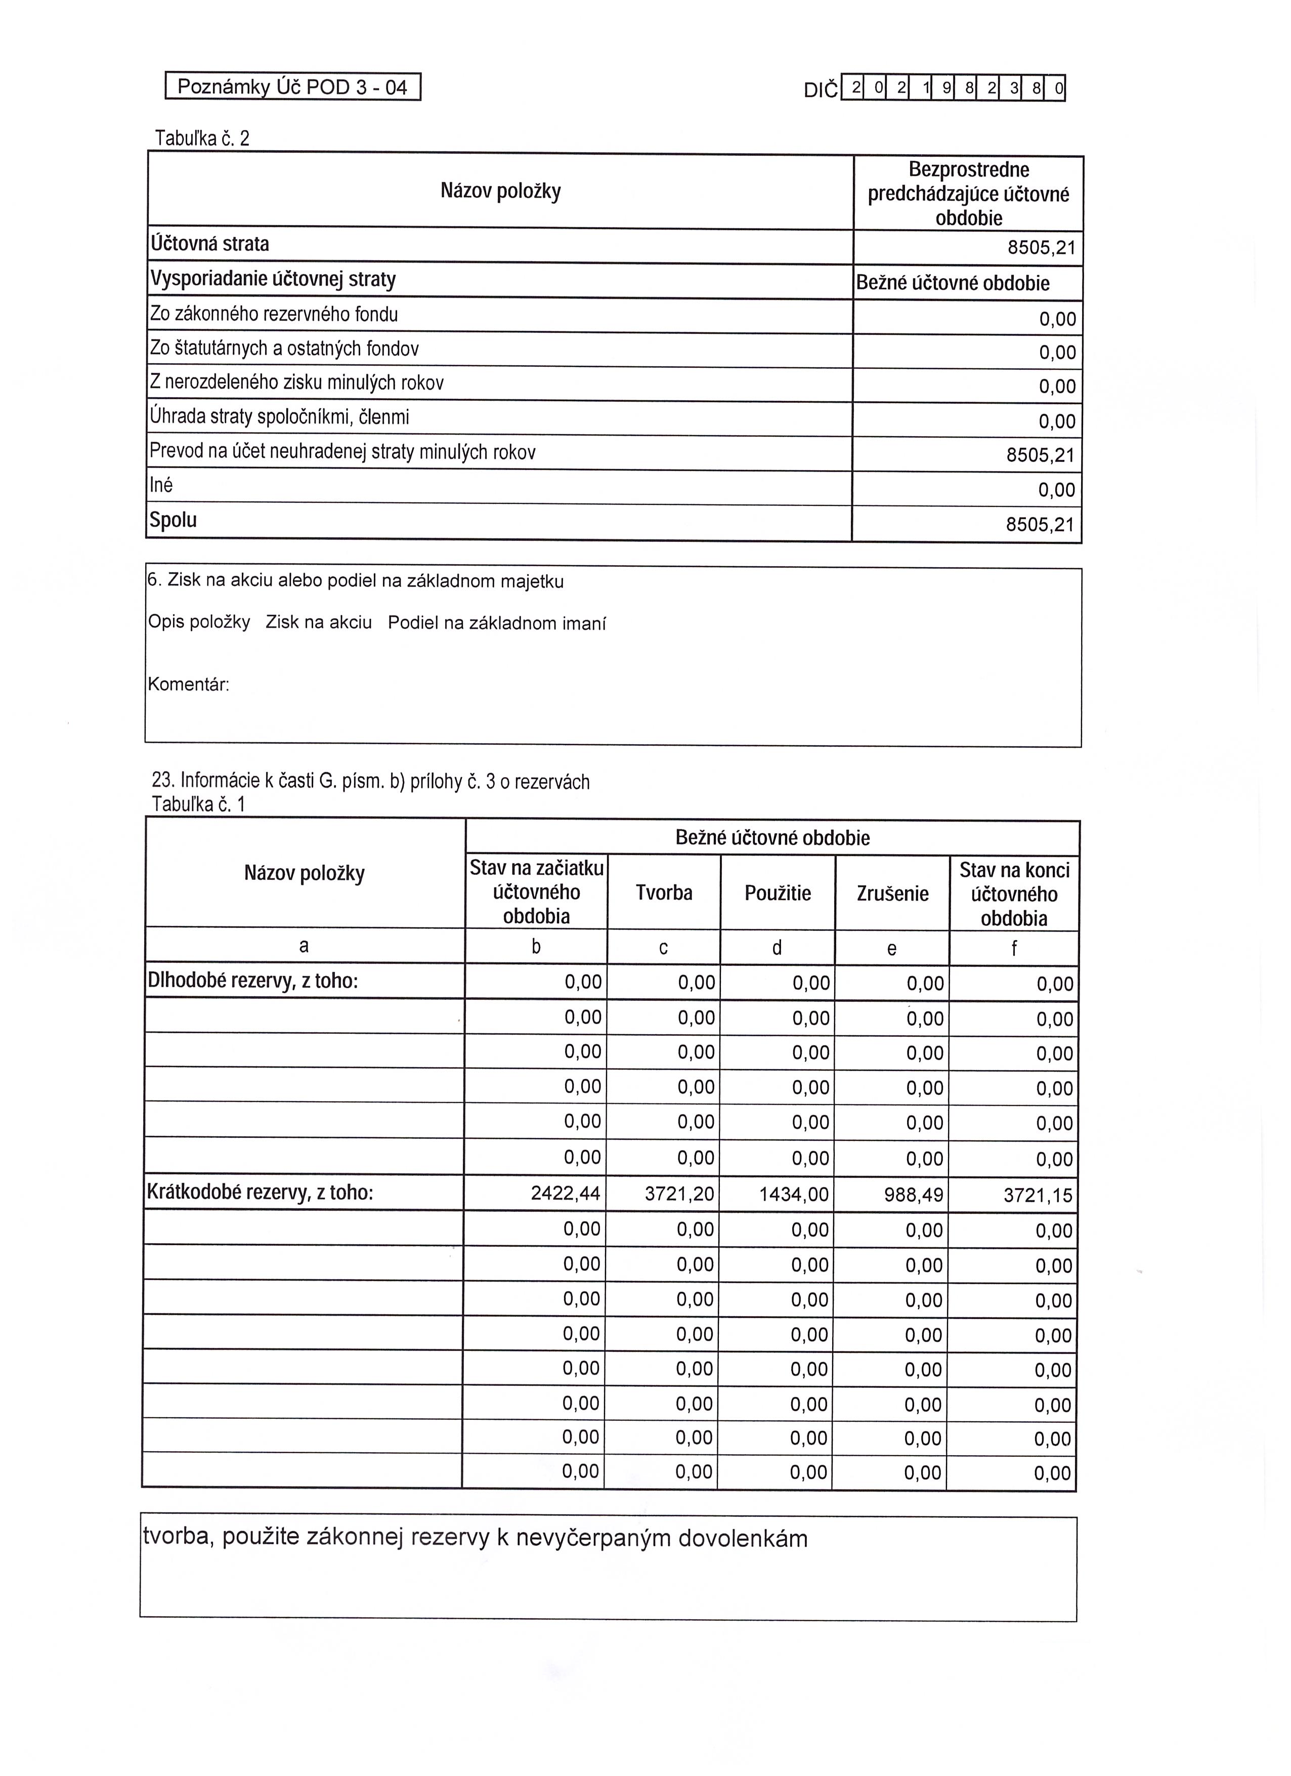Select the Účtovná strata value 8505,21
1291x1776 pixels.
click(1041, 248)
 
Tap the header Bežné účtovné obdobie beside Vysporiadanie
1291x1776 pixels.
click(952, 283)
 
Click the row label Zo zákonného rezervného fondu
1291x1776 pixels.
click(274, 315)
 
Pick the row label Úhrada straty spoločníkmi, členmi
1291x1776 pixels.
click(279, 417)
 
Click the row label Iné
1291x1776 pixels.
click(161, 486)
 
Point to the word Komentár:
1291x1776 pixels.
click(189, 685)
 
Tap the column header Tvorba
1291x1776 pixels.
click(664, 893)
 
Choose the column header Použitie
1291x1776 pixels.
click(778, 894)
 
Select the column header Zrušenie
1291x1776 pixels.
click(892, 894)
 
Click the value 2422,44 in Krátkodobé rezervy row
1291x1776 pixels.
click(565, 1194)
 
